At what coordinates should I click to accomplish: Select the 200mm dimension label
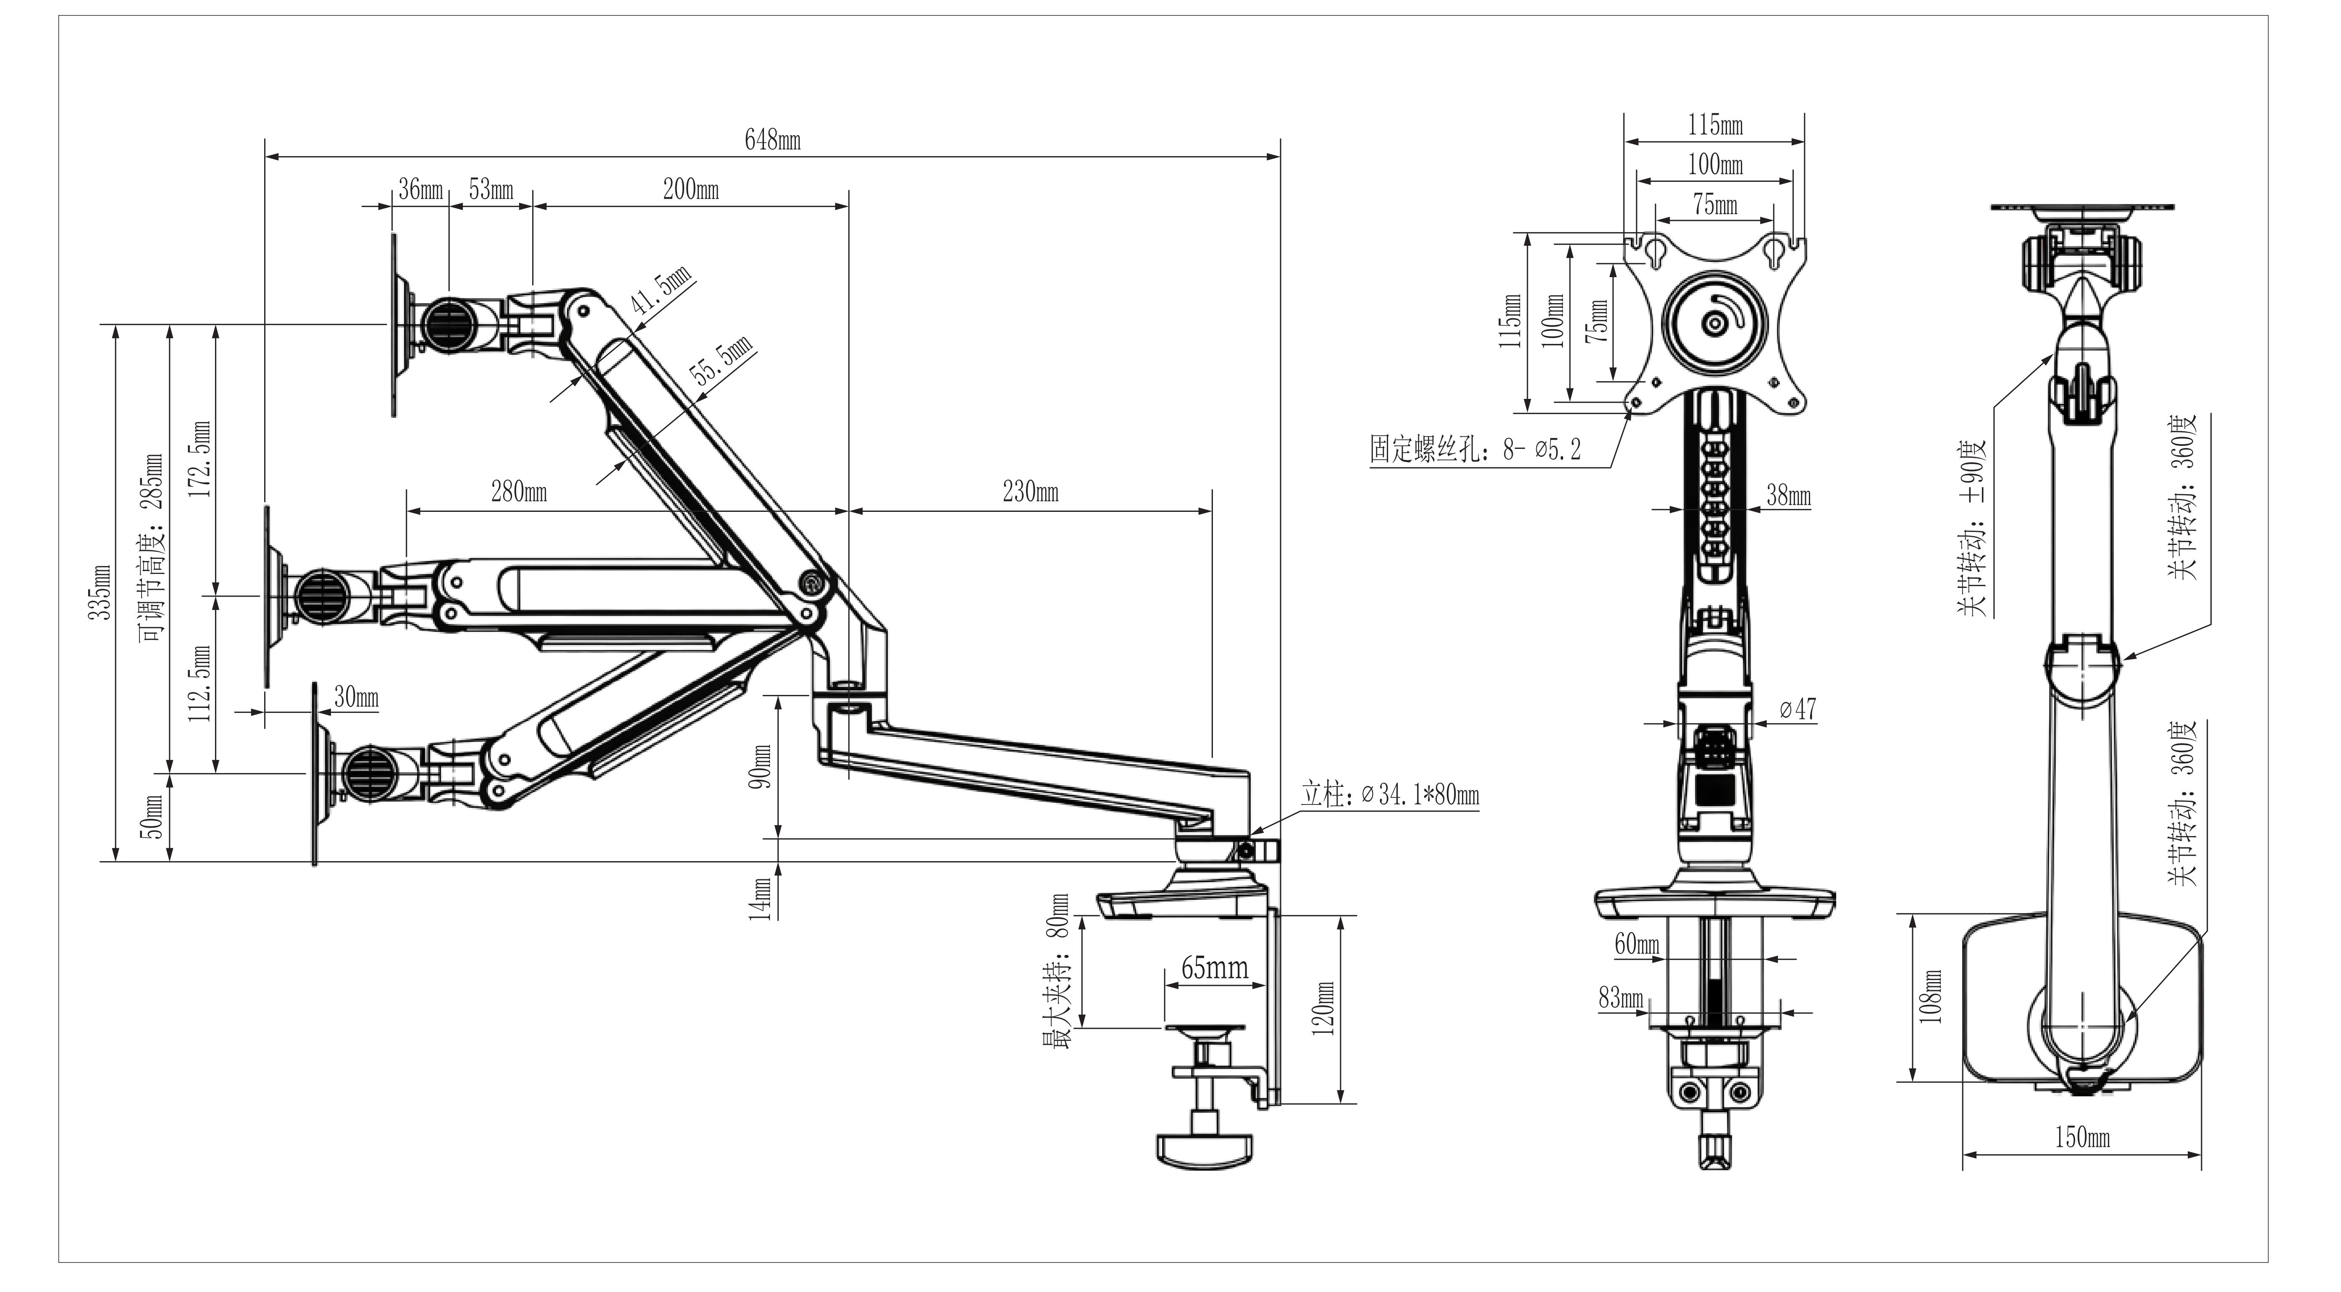(691, 190)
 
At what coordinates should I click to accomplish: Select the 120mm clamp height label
(1324, 1009)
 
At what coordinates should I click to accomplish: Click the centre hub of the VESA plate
(1714, 323)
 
